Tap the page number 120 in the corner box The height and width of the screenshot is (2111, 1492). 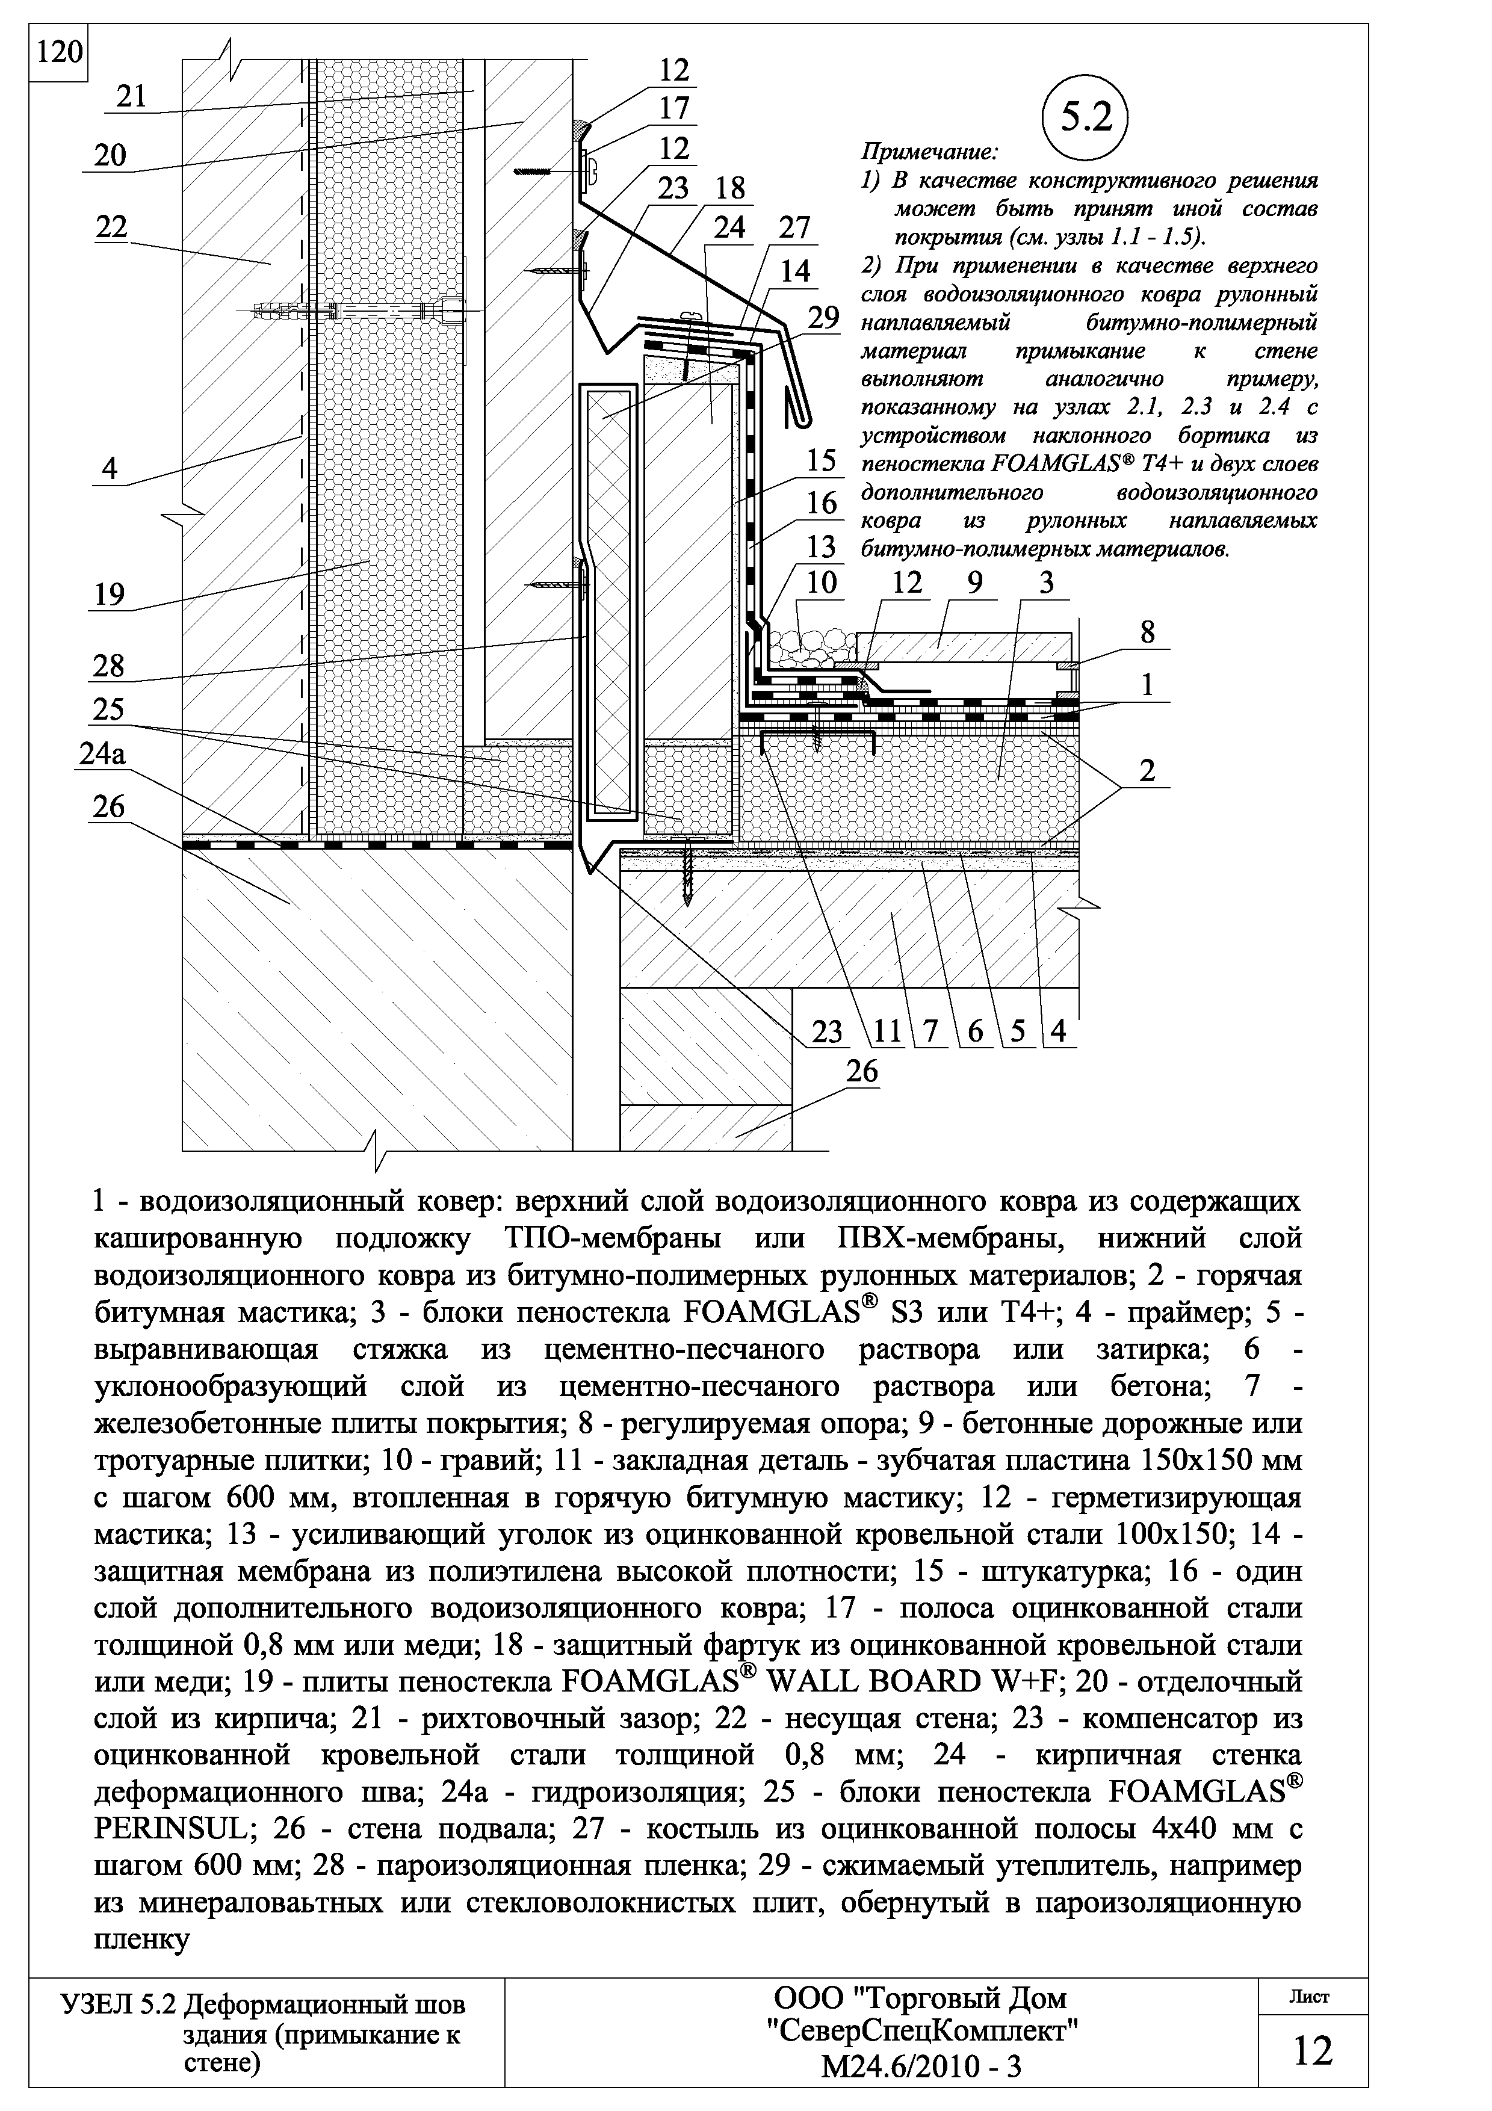59,52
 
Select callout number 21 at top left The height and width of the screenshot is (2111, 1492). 133,96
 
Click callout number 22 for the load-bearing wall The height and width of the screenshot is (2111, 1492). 111,226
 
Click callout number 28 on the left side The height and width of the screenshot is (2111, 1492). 108,665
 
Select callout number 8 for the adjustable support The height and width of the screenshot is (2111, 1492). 1147,632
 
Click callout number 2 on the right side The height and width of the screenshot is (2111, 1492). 1147,770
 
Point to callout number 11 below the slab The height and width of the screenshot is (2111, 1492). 887,1031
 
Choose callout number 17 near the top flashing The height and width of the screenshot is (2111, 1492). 674,108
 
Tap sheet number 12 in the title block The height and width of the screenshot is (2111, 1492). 1313,2050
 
